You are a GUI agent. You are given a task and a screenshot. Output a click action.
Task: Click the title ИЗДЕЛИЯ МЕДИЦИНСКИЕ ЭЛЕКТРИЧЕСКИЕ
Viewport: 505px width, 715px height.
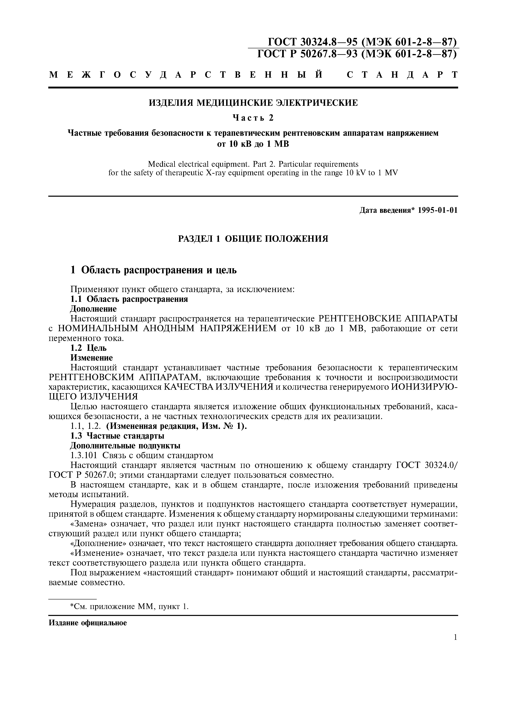pyautogui.click(x=253, y=103)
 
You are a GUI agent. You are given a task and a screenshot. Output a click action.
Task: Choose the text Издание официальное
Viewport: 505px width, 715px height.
pyautogui.click(x=88, y=623)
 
